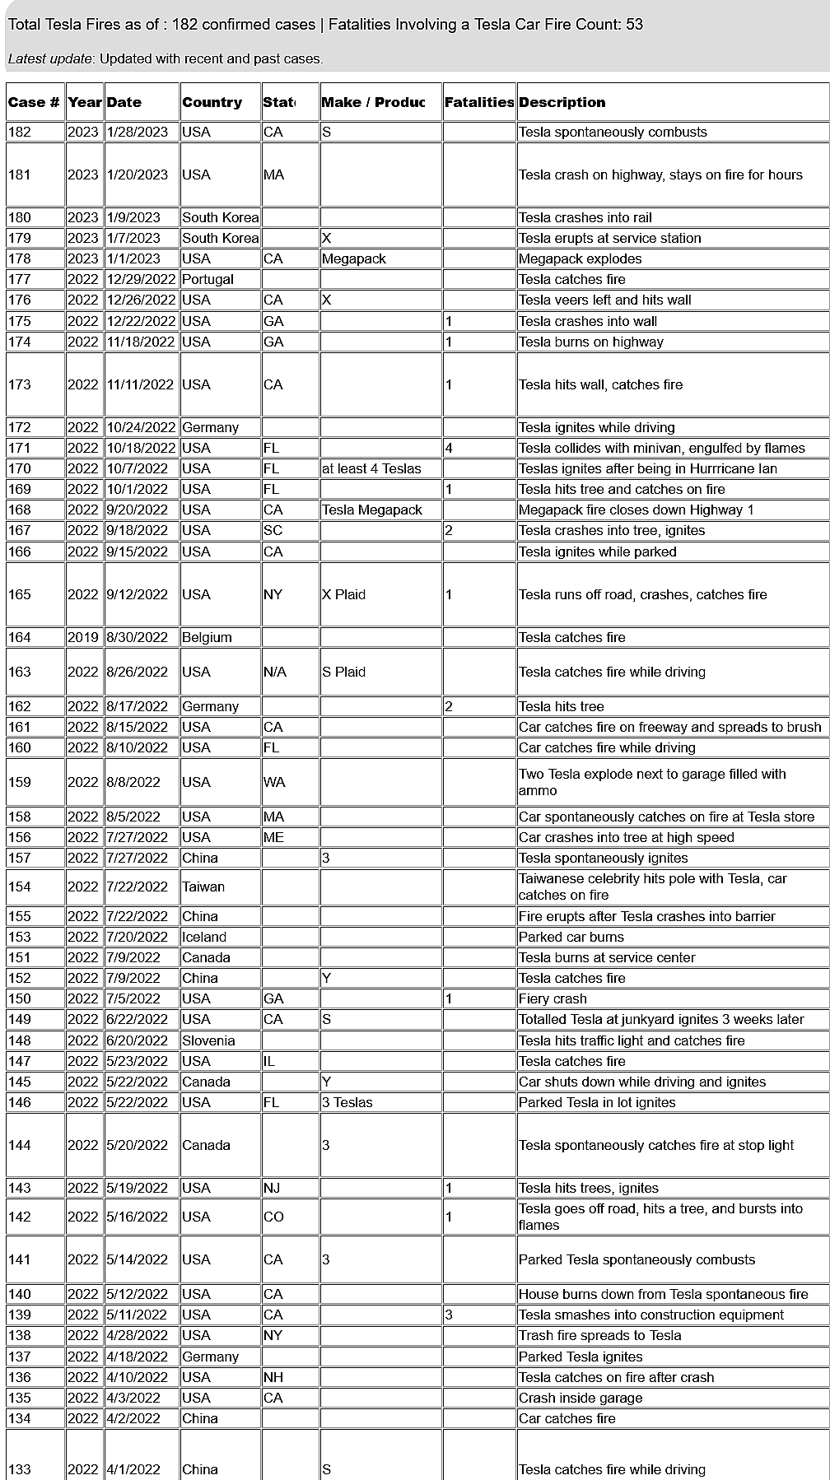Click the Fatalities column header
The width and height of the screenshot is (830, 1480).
[479, 103]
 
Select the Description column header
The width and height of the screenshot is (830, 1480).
[562, 103]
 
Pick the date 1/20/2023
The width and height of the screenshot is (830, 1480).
[137, 175]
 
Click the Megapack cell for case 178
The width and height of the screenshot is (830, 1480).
[354, 259]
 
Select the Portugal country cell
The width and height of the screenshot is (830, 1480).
[208, 280]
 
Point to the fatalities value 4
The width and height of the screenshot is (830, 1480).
[449, 449]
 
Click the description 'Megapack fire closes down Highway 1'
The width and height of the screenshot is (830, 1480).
[636, 510]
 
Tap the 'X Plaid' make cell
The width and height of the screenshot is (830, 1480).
[344, 595]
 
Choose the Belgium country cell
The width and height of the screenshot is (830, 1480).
[207, 638]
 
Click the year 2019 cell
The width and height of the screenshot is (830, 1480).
[83, 638]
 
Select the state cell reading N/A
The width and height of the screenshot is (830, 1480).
[275, 673]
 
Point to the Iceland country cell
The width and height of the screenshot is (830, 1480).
[204, 938]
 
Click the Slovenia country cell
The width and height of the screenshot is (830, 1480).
[209, 1041]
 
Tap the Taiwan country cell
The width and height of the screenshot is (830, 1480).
[203, 887]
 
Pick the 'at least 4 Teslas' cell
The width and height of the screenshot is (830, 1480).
[371, 469]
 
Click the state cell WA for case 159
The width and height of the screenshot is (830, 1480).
[274, 783]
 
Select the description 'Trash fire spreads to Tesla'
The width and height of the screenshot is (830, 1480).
[600, 1336]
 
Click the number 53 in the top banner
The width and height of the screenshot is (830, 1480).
[634, 25]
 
